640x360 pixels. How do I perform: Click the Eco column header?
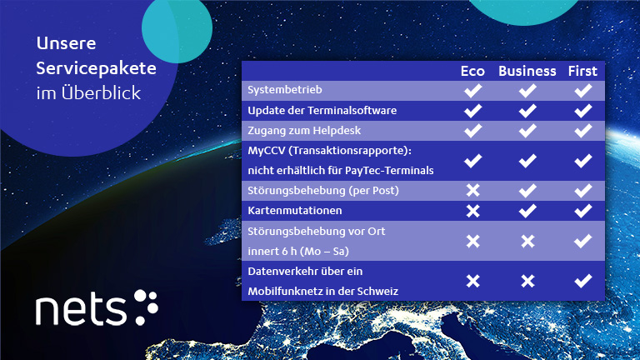click(x=472, y=71)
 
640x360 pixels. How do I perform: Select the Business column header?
click(x=527, y=71)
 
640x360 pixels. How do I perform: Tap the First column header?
click(x=582, y=71)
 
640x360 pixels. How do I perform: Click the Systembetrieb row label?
click(x=285, y=90)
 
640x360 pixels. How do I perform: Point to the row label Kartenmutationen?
click(x=295, y=211)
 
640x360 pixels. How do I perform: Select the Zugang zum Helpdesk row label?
click(x=304, y=131)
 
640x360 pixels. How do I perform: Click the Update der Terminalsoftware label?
click(x=322, y=111)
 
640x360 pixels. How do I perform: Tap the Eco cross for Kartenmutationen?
click(x=473, y=211)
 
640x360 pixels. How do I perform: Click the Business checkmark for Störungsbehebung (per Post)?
click(x=527, y=190)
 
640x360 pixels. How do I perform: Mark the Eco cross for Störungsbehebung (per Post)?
click(x=473, y=190)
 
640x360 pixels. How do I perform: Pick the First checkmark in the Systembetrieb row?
click(x=583, y=90)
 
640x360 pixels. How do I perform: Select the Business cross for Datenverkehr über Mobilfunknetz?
click(x=527, y=281)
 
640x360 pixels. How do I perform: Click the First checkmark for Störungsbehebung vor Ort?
click(x=583, y=241)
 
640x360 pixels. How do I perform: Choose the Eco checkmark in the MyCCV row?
click(x=473, y=161)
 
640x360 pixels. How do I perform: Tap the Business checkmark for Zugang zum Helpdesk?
click(x=527, y=131)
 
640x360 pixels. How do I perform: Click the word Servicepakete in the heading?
click(x=97, y=68)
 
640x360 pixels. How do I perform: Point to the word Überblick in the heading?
click(x=101, y=92)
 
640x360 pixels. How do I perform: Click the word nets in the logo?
click(x=81, y=310)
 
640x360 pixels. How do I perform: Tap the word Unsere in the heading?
click(x=66, y=43)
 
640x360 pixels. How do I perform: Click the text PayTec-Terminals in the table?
click(x=389, y=171)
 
